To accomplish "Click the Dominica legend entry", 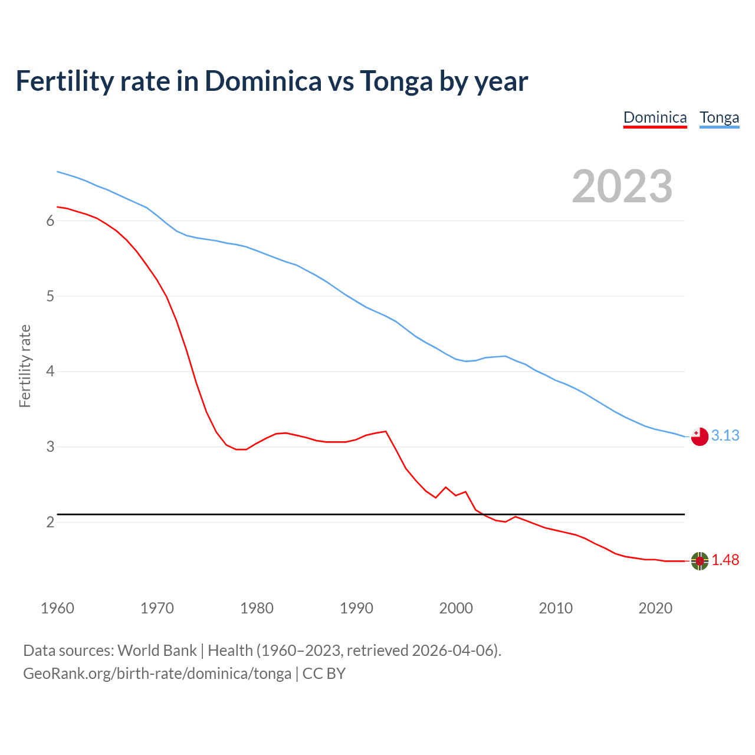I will click(x=655, y=117).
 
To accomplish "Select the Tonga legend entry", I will click(x=719, y=117).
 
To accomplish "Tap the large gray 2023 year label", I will click(x=622, y=186).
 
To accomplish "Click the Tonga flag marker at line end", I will click(x=700, y=436).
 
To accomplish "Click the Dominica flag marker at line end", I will click(x=700, y=561).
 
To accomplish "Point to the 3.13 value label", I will click(x=725, y=435).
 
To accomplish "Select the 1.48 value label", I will click(x=725, y=560).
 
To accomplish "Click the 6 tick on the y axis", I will click(x=50, y=221).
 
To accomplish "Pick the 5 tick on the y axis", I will click(x=50, y=296).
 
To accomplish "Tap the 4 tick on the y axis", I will click(x=50, y=372).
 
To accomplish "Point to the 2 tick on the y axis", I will click(x=50, y=522).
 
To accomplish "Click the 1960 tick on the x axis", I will click(x=57, y=608).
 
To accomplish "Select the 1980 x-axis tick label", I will click(x=257, y=608).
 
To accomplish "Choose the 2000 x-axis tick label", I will click(x=456, y=608).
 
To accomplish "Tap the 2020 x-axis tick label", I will click(x=655, y=608).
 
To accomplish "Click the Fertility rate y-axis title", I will click(x=25, y=366).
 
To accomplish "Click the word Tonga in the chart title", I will click(x=396, y=81).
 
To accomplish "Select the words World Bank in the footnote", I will click(x=157, y=651).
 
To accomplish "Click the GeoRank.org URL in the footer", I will click(x=157, y=674).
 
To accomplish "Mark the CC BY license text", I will click(x=324, y=674).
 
